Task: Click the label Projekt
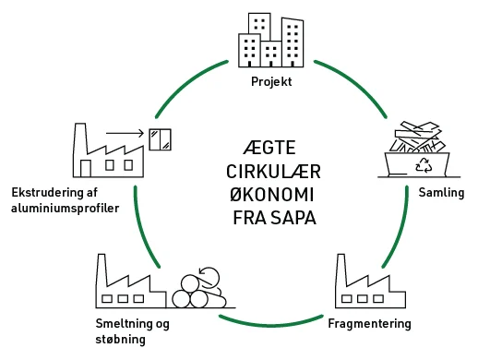click(271, 82)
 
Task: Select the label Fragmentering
click(369, 324)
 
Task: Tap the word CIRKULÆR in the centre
click(271, 173)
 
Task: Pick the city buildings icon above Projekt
click(271, 42)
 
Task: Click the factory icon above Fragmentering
click(370, 286)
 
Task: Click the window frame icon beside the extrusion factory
click(161, 138)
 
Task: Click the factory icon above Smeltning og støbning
click(129, 282)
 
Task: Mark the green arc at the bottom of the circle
click(271, 323)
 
